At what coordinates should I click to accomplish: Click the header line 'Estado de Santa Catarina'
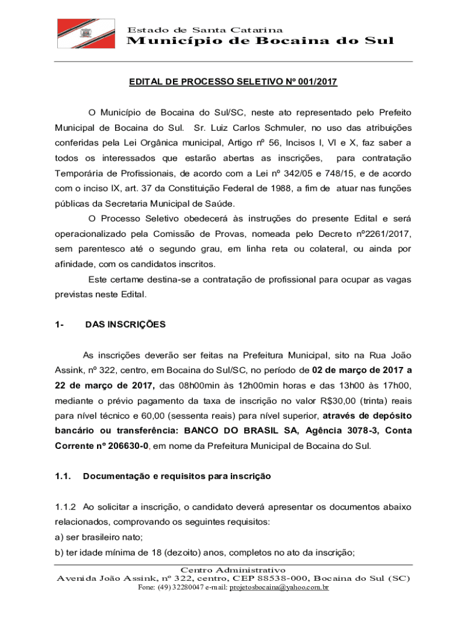(x=205, y=30)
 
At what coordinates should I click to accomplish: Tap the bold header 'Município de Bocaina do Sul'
(x=260, y=41)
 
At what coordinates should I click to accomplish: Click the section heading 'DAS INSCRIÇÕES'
(x=125, y=325)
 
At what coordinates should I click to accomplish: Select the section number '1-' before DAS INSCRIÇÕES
(x=58, y=325)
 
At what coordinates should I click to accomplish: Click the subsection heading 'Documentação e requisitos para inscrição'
(x=177, y=476)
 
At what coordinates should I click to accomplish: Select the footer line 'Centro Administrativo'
(x=233, y=569)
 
